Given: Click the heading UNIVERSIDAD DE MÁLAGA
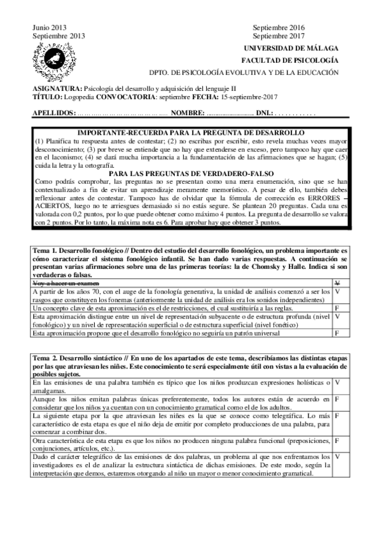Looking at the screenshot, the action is pyautogui.click(x=296, y=48).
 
